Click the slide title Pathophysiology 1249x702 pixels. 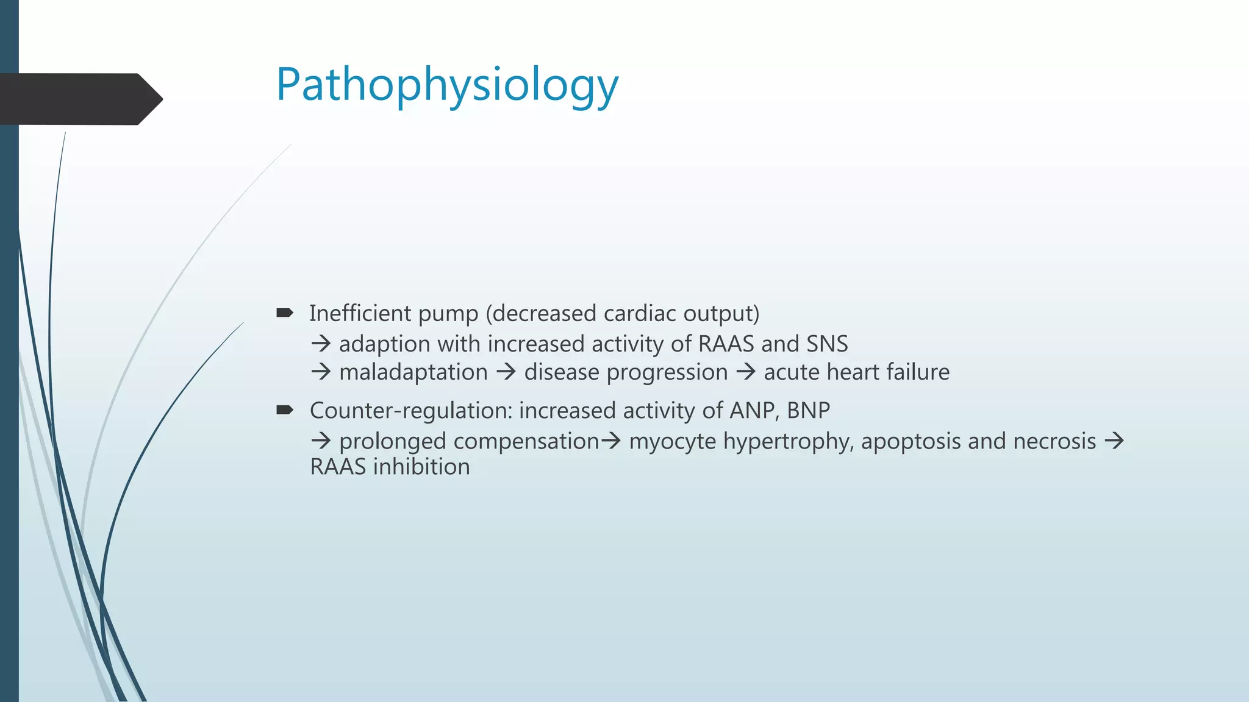tap(447, 85)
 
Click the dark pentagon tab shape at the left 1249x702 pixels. tap(79, 99)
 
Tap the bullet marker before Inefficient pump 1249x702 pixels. tap(284, 313)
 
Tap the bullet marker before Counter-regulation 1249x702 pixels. tap(284, 410)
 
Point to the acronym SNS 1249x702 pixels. tap(826, 344)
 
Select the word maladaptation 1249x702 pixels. tap(413, 372)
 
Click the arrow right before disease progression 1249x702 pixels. tap(506, 371)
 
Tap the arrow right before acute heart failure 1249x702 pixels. tap(745, 371)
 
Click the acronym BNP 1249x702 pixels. tap(808, 410)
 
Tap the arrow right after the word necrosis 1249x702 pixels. tap(1114, 441)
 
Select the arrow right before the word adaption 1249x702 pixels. tap(321, 344)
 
